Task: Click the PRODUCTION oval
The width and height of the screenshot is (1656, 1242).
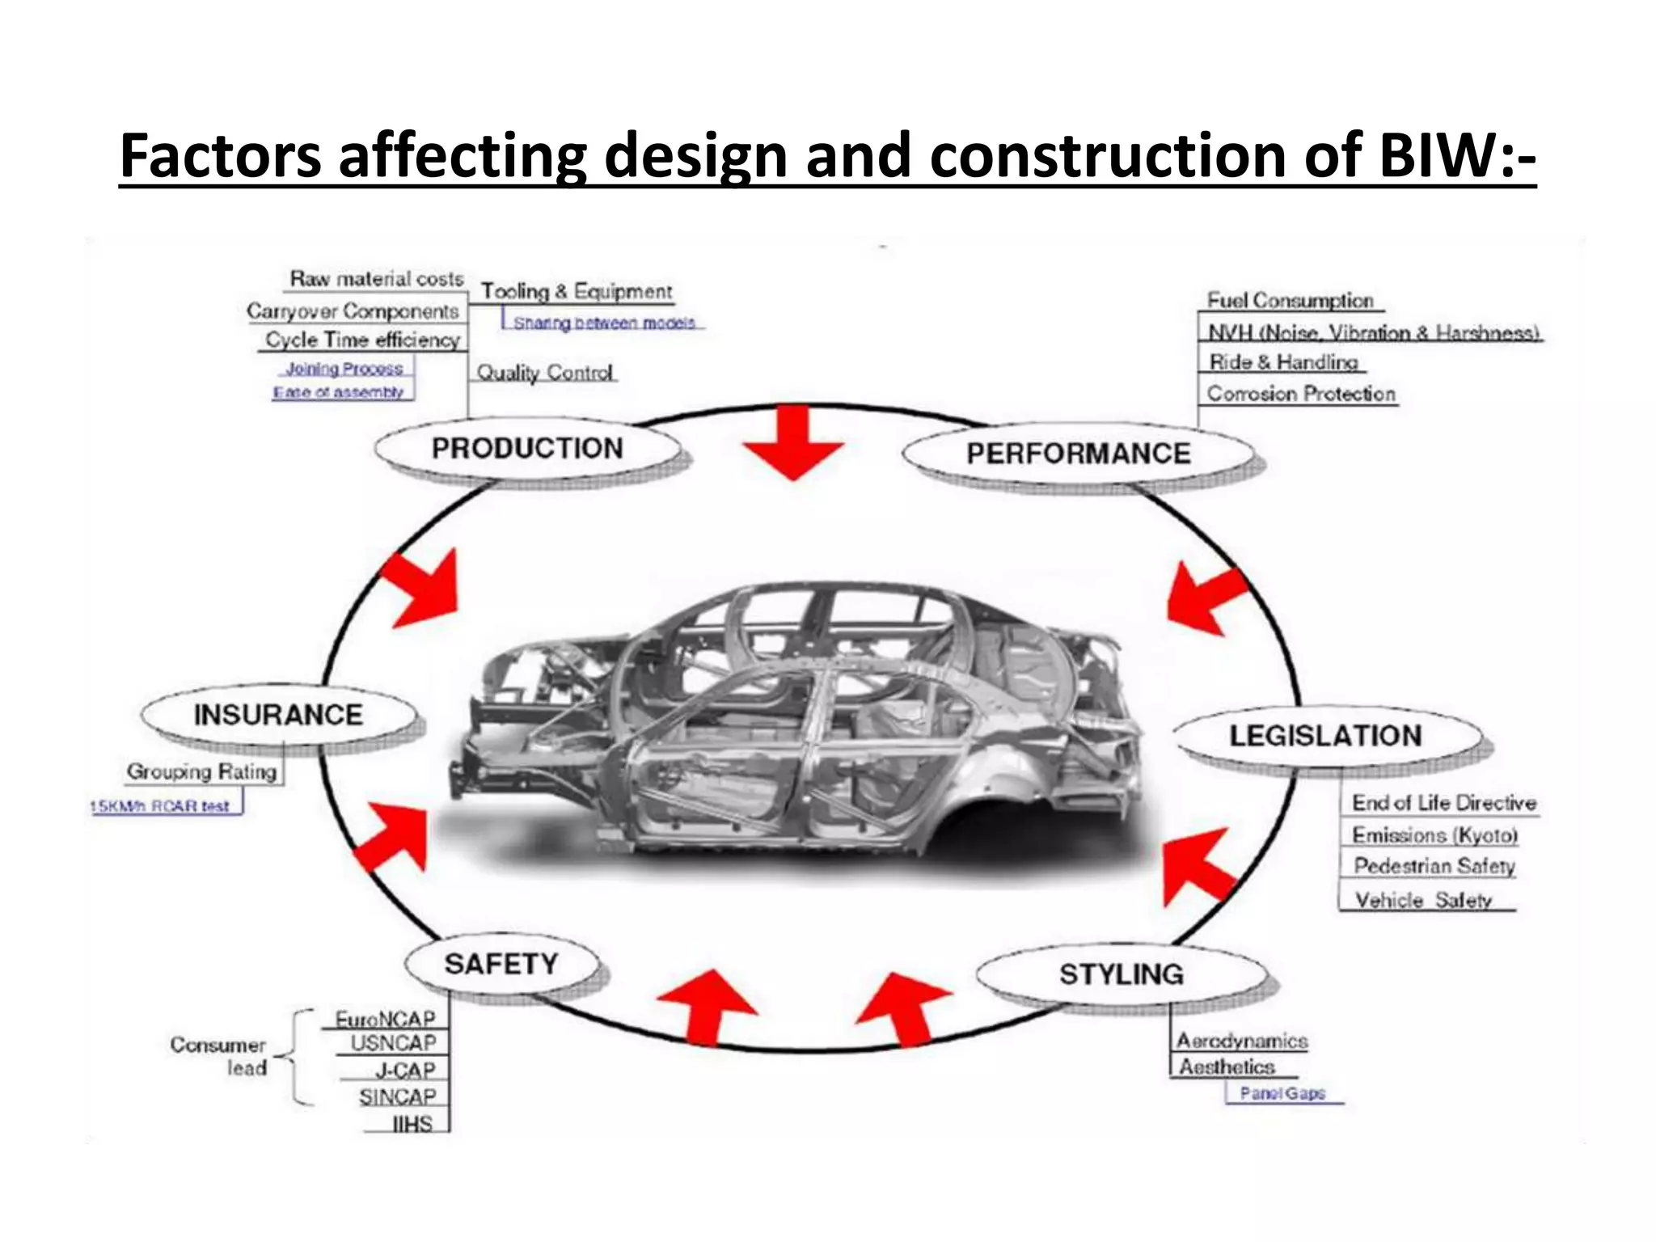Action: pos(527,448)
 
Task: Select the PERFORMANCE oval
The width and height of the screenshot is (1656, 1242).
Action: pos(1078,453)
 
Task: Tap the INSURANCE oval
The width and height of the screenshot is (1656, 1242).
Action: pos(278,715)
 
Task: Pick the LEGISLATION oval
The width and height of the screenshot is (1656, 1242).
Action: pos(1325,736)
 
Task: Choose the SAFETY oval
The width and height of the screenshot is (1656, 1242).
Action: pos(501,964)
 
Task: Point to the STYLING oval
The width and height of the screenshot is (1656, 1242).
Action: pos(1122,974)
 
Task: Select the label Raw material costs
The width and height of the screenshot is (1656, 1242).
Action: pos(377,279)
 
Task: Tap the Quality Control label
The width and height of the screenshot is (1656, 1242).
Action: pos(545,373)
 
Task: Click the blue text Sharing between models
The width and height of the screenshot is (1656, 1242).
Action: pos(604,323)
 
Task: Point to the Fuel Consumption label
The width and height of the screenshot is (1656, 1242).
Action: pos(1290,301)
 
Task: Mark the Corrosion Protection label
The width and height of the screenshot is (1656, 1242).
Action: pos(1301,394)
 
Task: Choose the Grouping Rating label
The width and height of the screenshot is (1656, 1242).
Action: pos(202,771)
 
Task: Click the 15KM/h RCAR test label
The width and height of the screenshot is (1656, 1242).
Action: pos(160,806)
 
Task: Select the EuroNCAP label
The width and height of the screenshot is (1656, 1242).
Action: pos(386,1019)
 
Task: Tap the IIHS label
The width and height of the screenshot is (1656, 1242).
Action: pos(412,1124)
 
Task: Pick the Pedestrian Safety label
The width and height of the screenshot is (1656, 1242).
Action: pos(1434,866)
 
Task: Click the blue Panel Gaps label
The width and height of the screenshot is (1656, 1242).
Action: pos(1282,1093)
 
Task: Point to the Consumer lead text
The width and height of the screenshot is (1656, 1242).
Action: pos(218,1056)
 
